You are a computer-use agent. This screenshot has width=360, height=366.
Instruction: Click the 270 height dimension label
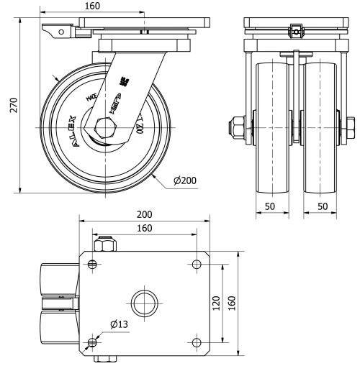click(x=8, y=105)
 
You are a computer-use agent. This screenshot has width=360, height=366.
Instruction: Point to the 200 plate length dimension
click(x=144, y=215)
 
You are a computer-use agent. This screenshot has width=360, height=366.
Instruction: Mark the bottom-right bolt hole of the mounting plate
click(x=197, y=341)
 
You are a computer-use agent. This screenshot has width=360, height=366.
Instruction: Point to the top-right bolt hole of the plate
click(x=197, y=265)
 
